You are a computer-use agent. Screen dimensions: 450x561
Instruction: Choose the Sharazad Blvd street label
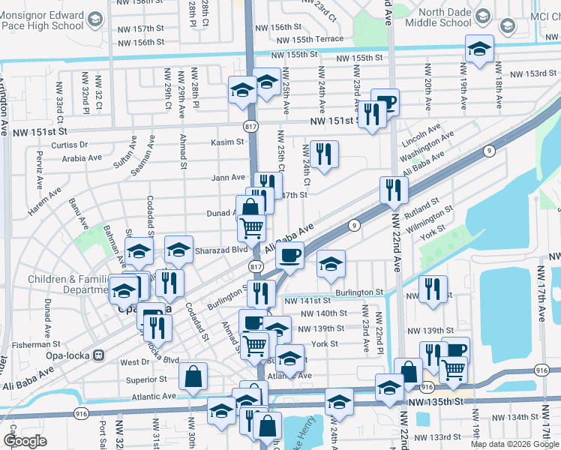pyautogui.click(x=221, y=250)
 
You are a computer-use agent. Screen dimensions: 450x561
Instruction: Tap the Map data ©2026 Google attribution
pyautogui.click(x=514, y=444)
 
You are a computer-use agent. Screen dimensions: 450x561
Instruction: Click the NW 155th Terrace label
pyautogui.click(x=310, y=39)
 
